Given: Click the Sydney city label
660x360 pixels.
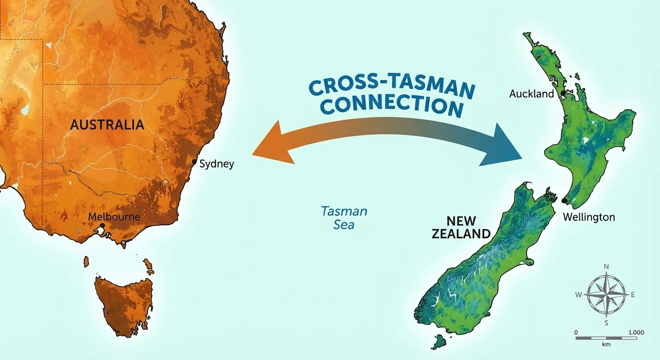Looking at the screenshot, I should tap(217, 164).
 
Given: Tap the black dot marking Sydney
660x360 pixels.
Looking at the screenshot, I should tap(195, 162).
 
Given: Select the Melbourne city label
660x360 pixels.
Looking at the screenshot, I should tap(114, 217).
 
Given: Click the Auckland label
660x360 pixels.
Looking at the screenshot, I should tap(532, 94).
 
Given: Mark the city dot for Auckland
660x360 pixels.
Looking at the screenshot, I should tap(563, 93).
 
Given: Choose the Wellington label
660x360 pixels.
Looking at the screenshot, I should tap(589, 217).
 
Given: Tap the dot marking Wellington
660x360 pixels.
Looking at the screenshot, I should tap(564, 201).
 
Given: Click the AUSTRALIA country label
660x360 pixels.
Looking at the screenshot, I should tap(107, 125).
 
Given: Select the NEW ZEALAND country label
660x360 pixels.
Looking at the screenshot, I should tap(461, 227).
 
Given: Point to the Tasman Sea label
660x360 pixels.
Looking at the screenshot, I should tap(344, 218).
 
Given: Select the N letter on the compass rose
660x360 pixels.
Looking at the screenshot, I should tap(606, 267).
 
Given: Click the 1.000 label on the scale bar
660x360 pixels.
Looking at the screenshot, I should tap(636, 332).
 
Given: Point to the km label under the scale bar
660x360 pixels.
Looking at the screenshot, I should tap(607, 344).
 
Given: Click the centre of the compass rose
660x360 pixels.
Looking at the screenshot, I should tap(606, 295).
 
